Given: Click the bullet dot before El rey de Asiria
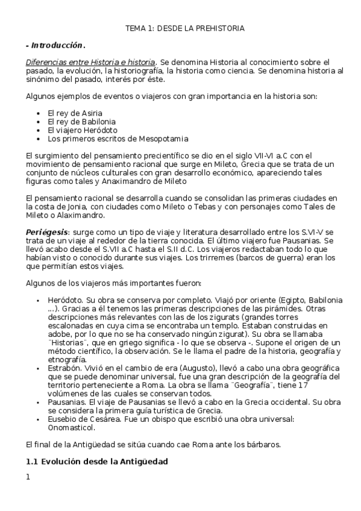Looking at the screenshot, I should [38, 113].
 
